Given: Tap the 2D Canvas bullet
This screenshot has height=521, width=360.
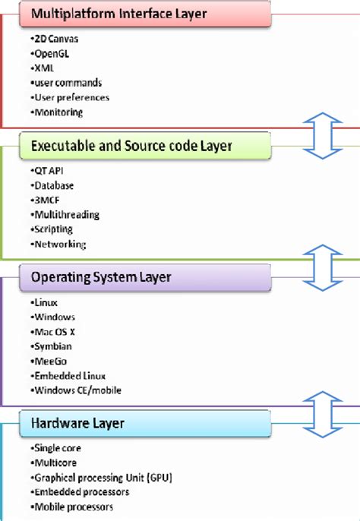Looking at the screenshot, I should [55, 39].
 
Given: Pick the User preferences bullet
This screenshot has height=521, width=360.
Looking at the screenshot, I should [71, 97].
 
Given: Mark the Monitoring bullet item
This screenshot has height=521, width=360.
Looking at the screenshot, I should [58, 112].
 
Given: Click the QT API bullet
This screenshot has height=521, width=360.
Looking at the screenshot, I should [49, 171].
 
